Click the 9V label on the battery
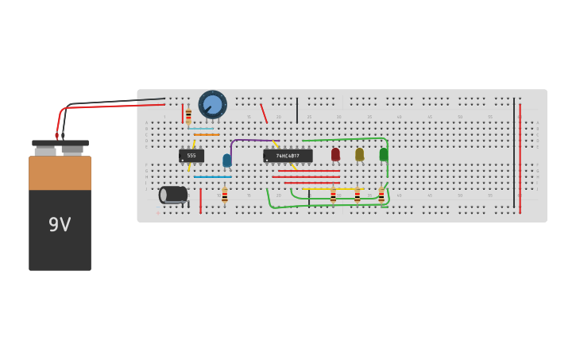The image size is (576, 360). [60, 225]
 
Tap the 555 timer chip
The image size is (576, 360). [191, 156]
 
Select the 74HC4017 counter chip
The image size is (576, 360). [288, 156]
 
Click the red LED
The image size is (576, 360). [335, 154]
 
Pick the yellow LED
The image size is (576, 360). [359, 154]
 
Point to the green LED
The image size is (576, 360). [383, 154]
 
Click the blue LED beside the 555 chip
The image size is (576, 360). [227, 161]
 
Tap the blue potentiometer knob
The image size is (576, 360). [212, 104]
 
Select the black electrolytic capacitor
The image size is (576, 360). [173, 195]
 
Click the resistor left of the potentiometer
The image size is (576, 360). [188, 115]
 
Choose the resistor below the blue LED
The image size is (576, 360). [225, 195]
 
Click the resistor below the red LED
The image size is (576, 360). [333, 195]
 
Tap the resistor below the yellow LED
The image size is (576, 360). [357, 195]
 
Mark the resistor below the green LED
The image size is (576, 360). [381, 195]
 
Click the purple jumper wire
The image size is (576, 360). [250, 141]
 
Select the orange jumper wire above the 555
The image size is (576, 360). [207, 135]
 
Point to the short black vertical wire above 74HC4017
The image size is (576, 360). [297, 110]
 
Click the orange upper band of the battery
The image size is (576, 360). [60, 172]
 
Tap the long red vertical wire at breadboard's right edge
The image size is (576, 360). [520, 159]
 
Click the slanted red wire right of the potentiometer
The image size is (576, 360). [264, 113]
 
